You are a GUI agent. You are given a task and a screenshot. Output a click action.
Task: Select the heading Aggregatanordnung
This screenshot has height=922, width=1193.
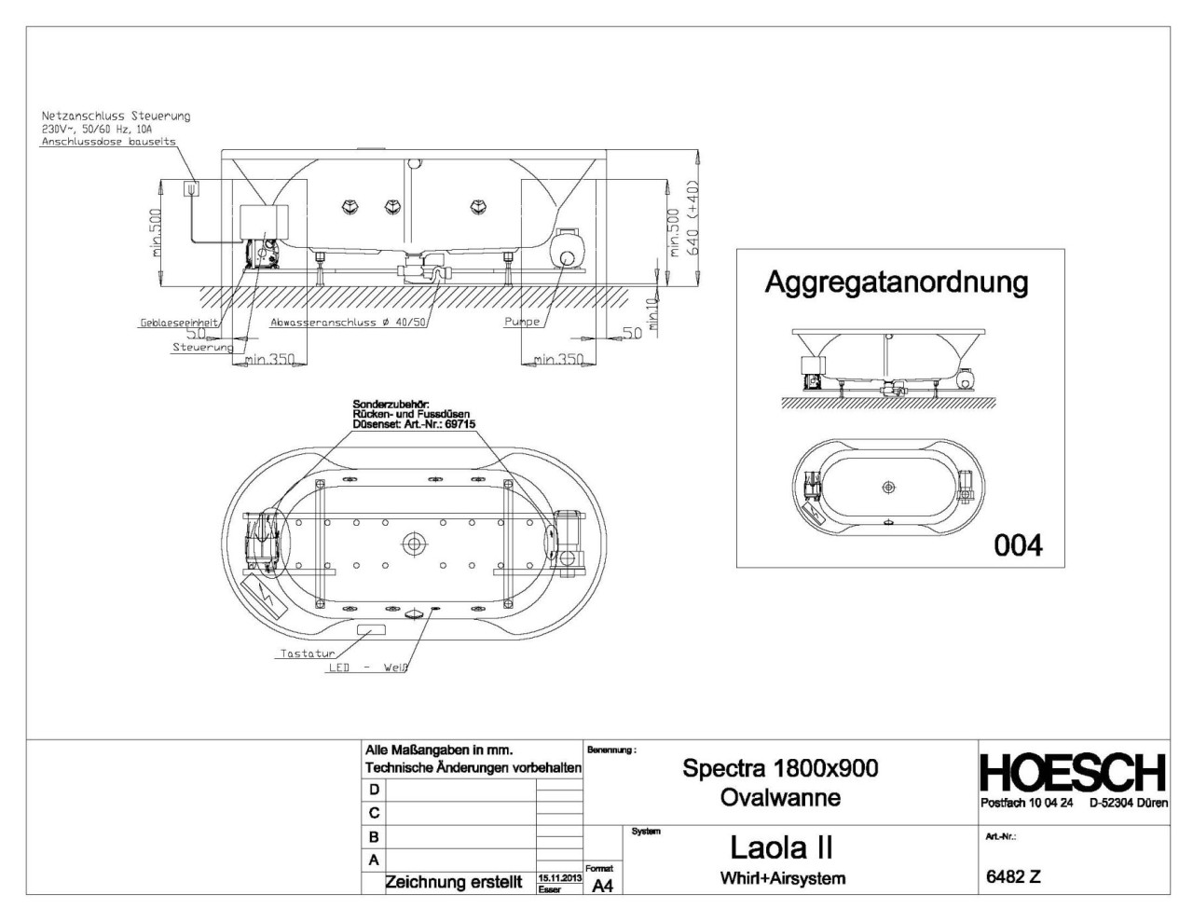pyautogui.click(x=896, y=282)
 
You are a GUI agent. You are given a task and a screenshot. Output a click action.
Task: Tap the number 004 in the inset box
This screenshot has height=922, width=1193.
pyautogui.click(x=1018, y=544)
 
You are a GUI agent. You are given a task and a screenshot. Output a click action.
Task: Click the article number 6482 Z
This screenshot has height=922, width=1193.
pyautogui.click(x=1013, y=876)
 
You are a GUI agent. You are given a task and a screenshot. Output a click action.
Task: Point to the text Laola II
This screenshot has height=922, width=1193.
pyautogui.click(x=781, y=847)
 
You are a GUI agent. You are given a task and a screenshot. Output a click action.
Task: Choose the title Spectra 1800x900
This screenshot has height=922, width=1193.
pyautogui.click(x=780, y=768)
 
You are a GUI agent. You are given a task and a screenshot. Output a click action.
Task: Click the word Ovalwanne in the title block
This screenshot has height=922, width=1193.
pyautogui.click(x=780, y=798)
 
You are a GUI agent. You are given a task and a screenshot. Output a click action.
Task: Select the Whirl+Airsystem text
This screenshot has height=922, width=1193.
pyautogui.click(x=782, y=878)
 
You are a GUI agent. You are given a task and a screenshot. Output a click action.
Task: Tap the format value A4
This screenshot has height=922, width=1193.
pyautogui.click(x=602, y=887)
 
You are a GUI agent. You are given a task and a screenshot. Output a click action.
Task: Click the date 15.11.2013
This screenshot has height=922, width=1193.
pyautogui.click(x=559, y=878)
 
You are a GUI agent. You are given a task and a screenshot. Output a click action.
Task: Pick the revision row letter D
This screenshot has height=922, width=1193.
pyautogui.click(x=374, y=790)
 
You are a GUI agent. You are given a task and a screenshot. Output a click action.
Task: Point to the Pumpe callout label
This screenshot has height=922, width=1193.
pyautogui.click(x=522, y=322)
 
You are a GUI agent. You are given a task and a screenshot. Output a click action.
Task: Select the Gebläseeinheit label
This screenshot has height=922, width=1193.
pyautogui.click(x=178, y=323)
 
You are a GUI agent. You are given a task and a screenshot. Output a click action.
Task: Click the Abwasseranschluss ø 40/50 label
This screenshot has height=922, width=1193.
pyautogui.click(x=348, y=323)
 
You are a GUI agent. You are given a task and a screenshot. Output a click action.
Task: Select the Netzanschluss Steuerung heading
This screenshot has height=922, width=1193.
pyautogui.click(x=116, y=117)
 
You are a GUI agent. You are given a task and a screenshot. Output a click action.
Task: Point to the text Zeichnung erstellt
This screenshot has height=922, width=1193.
pyautogui.click(x=454, y=882)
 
